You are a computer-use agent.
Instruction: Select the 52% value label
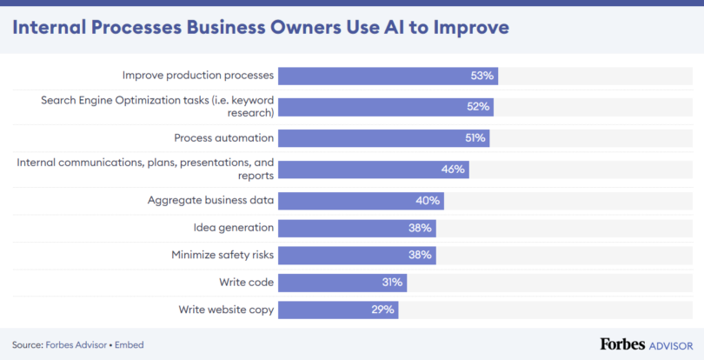pyautogui.click(x=479, y=107)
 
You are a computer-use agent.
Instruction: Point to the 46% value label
pyautogui.click(x=453, y=169)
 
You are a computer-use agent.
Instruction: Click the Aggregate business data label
pyautogui.click(x=211, y=200)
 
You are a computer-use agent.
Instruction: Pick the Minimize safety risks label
pyautogui.click(x=222, y=255)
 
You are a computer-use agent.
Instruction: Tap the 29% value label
pyautogui.click(x=383, y=309)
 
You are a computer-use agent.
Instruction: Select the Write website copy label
pyautogui.click(x=226, y=309)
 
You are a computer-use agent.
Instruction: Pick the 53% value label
pyautogui.click(x=482, y=76)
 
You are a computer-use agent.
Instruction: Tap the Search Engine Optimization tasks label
pyautogui.click(x=157, y=106)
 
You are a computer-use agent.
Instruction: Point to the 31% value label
pyautogui.click(x=391, y=282)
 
